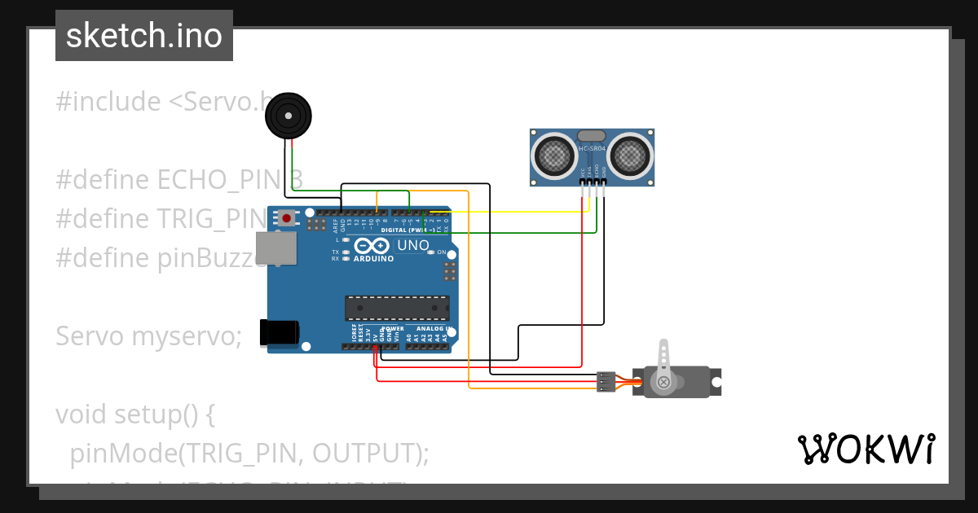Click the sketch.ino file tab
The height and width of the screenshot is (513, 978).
144,36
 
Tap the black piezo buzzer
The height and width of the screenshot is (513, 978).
289,116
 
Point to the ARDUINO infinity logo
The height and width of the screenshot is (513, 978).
373,246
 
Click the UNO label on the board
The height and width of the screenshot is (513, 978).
412,245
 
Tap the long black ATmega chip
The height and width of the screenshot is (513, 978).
397,308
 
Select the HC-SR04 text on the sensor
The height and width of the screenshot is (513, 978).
592,149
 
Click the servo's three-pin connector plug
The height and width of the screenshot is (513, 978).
606,381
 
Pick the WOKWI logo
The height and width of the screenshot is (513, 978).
866,449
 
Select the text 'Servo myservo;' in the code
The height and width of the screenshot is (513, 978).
148,336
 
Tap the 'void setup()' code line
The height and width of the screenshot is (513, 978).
134,414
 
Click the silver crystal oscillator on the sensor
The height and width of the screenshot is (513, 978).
591,135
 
